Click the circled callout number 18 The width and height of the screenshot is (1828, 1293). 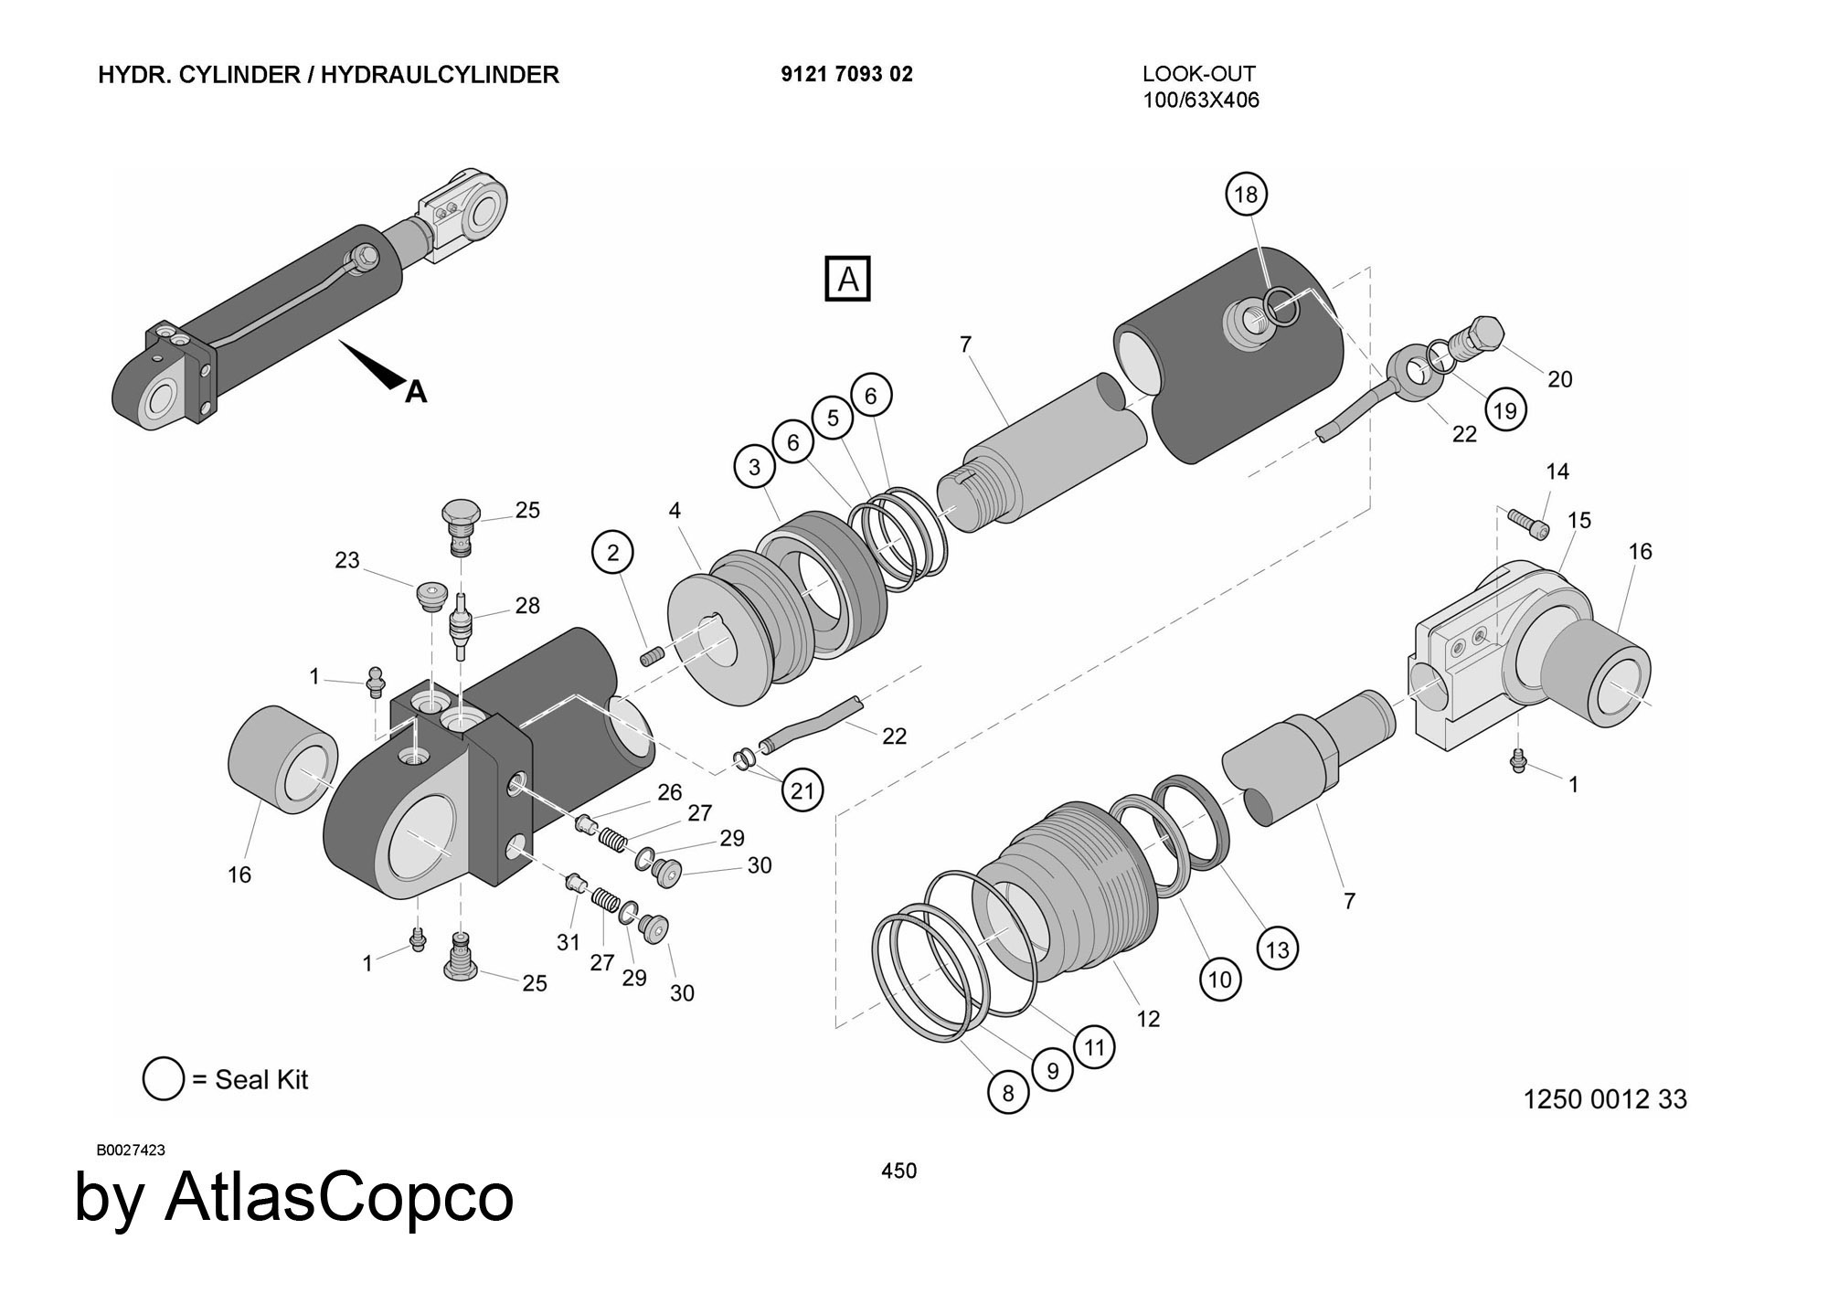[x=1246, y=195]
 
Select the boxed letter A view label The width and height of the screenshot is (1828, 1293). [x=847, y=279]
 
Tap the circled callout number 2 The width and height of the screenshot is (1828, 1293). [x=612, y=552]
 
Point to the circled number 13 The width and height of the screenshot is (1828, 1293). [x=1277, y=949]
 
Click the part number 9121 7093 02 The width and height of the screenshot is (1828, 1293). [x=846, y=74]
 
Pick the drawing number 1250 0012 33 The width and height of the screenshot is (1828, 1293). [x=1604, y=1098]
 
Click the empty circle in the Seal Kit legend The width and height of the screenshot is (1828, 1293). [x=164, y=1079]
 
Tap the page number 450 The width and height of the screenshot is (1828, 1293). [x=898, y=1171]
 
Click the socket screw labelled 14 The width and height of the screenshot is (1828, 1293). [x=1528, y=523]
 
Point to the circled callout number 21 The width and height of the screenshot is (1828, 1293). [x=802, y=790]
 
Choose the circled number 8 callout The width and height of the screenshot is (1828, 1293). [x=1008, y=1093]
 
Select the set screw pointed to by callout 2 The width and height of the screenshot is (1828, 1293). [x=652, y=656]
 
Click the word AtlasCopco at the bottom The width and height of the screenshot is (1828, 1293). [x=339, y=1197]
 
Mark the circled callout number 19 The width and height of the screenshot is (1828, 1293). [x=1504, y=410]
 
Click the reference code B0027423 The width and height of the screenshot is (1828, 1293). [x=131, y=1150]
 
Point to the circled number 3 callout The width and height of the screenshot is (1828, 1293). [x=754, y=467]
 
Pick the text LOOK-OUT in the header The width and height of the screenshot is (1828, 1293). [x=1198, y=74]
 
